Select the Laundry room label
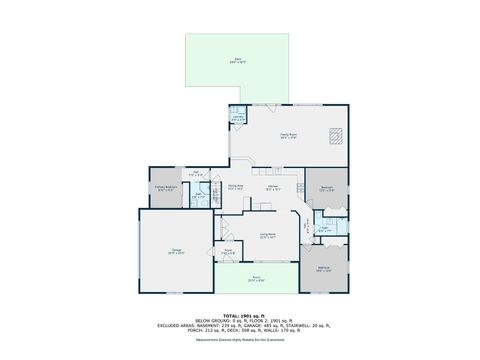point(238,118)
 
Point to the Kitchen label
point(271,187)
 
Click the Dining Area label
point(235,187)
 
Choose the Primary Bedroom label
point(166,187)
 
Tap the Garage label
point(176,253)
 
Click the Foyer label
point(228,252)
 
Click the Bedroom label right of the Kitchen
point(327,188)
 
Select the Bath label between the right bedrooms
point(324,229)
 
